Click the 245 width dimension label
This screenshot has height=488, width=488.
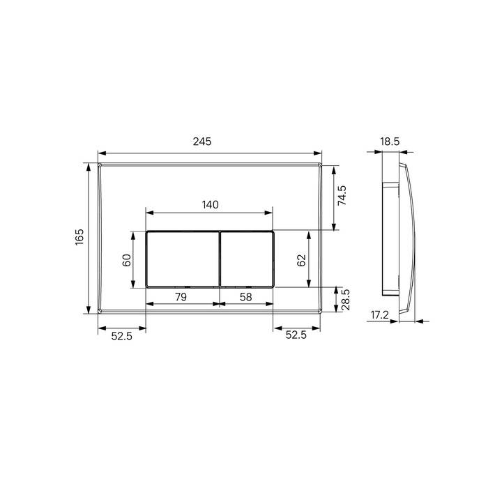(x=202, y=142)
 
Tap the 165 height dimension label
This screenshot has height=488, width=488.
(x=79, y=237)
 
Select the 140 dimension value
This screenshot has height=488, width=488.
(x=211, y=205)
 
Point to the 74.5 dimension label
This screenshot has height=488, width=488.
(x=342, y=195)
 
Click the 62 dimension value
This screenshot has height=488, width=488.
(x=301, y=261)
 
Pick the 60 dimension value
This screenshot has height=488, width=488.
(x=127, y=260)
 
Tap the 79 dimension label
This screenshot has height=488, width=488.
(x=181, y=297)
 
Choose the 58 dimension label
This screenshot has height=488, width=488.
(x=245, y=297)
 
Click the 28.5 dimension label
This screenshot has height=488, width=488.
(x=346, y=300)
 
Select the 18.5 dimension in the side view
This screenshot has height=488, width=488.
(x=390, y=142)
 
